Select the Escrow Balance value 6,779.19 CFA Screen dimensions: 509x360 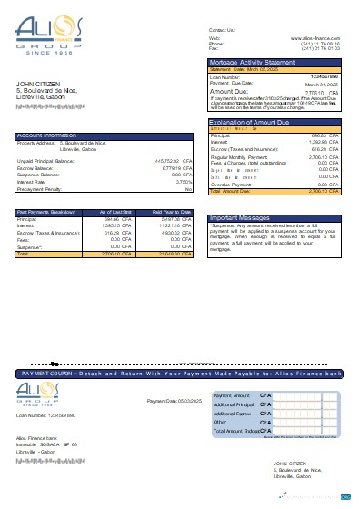173,167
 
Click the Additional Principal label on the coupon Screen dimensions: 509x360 233,404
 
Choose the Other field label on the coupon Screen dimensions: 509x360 220,422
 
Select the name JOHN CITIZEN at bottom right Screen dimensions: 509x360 289,463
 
